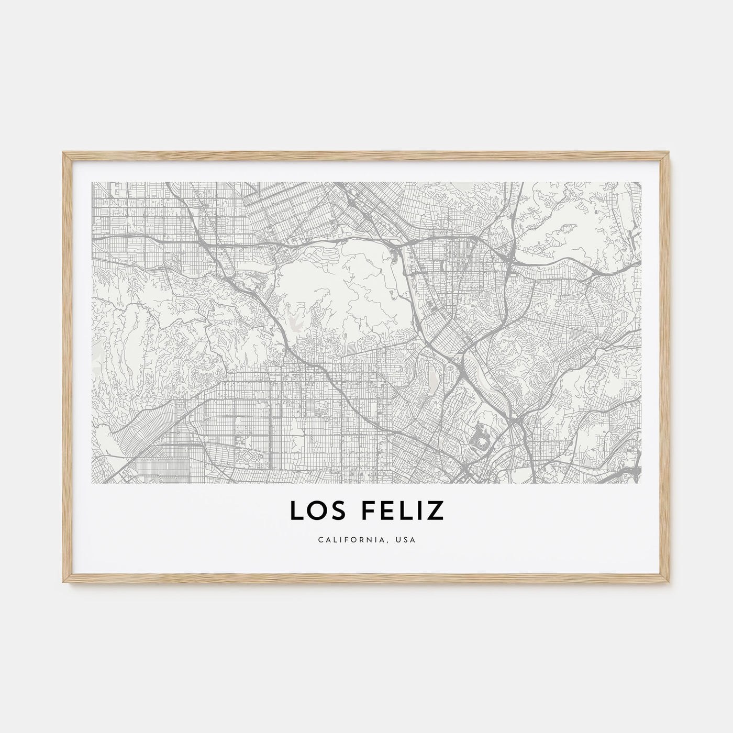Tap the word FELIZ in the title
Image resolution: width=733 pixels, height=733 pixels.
[398, 511]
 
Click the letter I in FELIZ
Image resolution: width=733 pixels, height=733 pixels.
[419, 511]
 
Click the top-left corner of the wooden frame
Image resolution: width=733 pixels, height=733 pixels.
[62, 152]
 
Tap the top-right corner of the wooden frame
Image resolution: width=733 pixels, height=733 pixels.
[671, 152]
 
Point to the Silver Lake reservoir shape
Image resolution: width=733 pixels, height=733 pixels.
[432, 375]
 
